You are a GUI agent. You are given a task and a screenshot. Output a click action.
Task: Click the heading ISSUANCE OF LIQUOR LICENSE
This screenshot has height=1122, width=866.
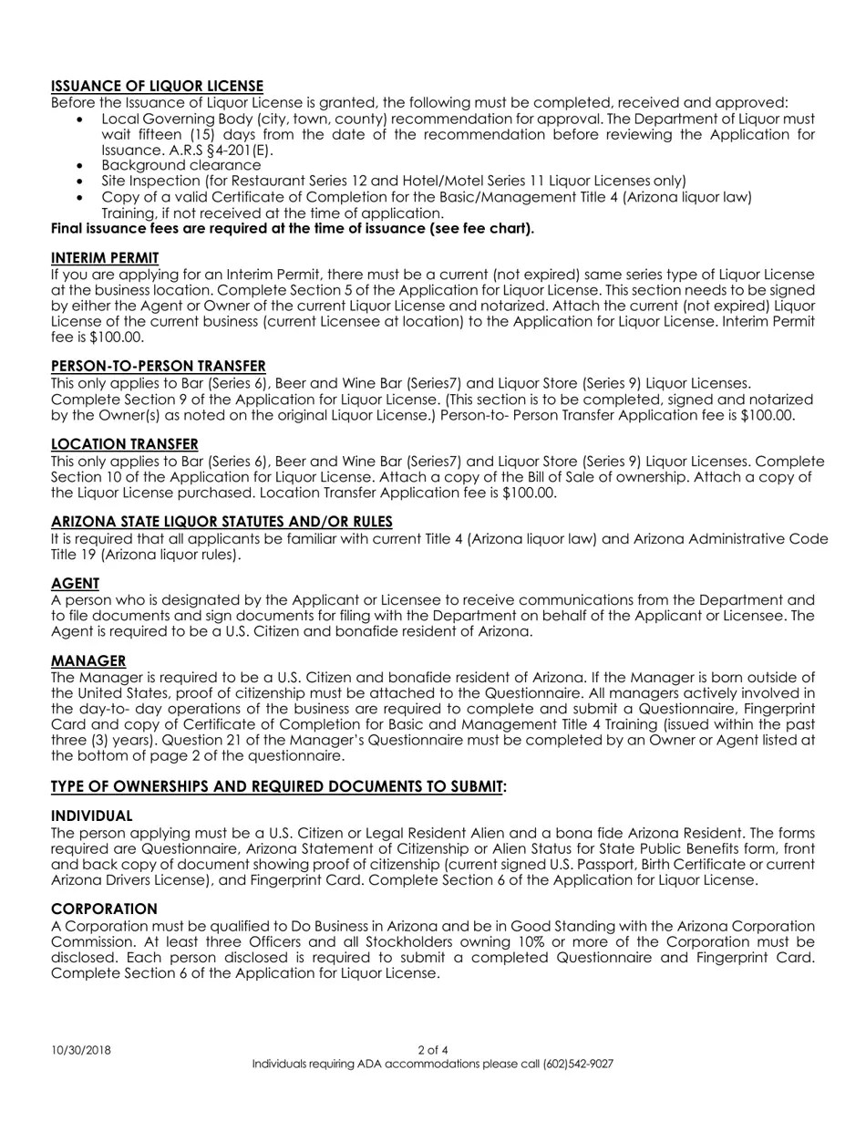click(x=157, y=86)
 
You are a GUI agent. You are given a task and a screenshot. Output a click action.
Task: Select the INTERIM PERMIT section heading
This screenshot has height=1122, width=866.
click(x=105, y=258)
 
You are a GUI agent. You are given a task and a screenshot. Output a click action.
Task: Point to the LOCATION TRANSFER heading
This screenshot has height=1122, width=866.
click(x=124, y=444)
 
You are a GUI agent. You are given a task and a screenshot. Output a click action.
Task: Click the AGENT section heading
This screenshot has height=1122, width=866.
click(x=75, y=583)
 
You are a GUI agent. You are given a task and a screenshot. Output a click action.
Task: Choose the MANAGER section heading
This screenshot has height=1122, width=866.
click(x=88, y=660)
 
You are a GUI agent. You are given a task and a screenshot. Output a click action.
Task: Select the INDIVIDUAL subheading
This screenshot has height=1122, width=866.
click(x=91, y=816)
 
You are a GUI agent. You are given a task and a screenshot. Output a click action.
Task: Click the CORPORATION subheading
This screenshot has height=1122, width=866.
click(x=104, y=909)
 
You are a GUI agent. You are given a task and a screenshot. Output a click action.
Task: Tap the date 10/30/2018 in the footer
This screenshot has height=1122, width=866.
click(x=81, y=1050)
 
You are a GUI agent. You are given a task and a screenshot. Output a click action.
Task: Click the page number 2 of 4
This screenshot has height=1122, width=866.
click(x=433, y=1050)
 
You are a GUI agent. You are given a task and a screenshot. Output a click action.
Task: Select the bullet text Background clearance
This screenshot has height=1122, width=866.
click(x=180, y=165)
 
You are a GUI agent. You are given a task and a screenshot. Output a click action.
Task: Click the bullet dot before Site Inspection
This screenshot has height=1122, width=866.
click(x=81, y=182)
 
